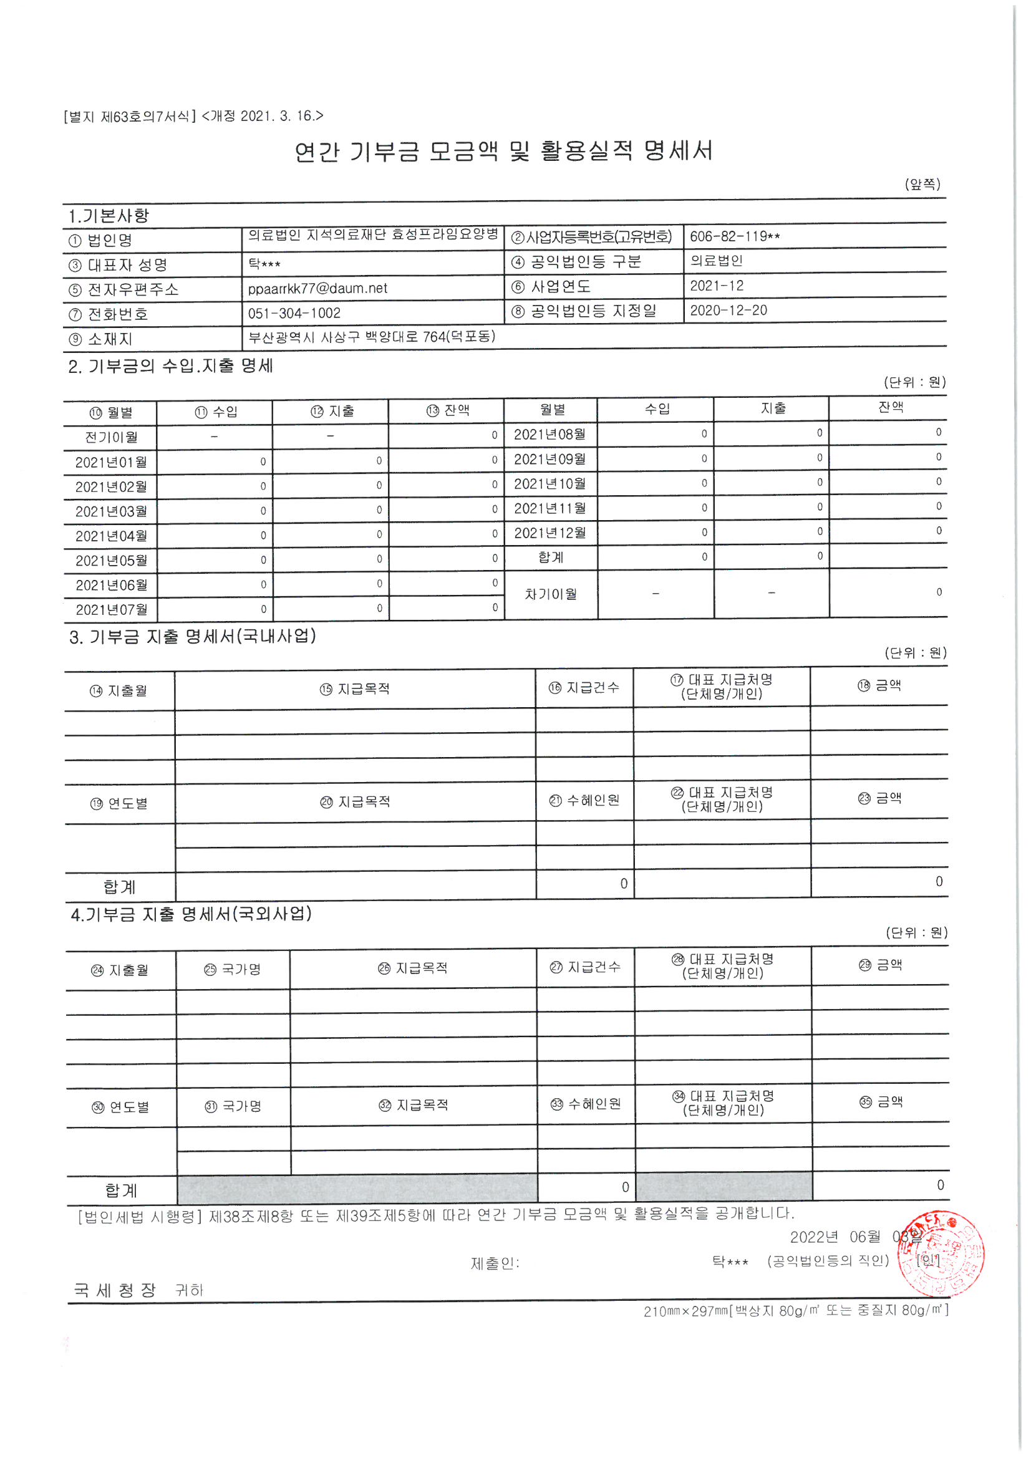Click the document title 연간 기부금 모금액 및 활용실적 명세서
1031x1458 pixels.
[504, 151]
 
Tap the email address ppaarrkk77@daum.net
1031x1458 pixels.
[317, 288]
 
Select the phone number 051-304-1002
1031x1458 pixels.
[294, 313]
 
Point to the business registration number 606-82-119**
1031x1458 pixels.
[734, 237]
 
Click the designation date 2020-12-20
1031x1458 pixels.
[728, 311]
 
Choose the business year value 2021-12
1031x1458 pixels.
[717, 286]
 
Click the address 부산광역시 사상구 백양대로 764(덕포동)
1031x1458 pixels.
[372, 337]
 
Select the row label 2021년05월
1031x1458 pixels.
[111, 561]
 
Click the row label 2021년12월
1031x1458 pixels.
[550, 533]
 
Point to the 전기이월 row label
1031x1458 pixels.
[111, 438]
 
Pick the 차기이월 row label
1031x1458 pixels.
[551, 594]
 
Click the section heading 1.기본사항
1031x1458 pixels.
[109, 216]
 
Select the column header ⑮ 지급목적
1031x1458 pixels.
[354, 689]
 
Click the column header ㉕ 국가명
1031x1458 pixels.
[233, 969]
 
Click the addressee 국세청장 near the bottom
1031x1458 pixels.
[115, 1290]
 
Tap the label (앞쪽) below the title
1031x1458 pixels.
[922, 185]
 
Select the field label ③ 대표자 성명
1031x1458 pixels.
[118, 265]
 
